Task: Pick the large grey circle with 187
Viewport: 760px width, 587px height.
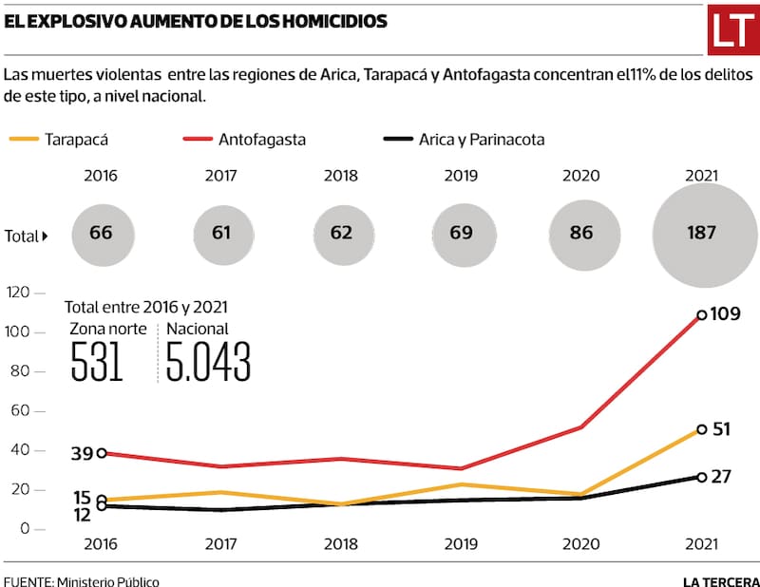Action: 700,233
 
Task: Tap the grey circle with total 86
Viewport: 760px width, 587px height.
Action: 584,233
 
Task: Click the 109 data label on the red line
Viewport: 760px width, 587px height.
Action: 727,313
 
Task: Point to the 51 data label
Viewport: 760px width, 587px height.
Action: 720,428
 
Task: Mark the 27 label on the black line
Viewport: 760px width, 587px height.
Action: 720,476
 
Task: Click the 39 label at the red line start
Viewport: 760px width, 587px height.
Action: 82,454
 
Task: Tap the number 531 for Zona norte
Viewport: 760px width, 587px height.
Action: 97,363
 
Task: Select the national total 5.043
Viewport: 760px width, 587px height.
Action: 208,363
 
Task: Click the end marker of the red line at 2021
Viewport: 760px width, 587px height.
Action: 701,314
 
